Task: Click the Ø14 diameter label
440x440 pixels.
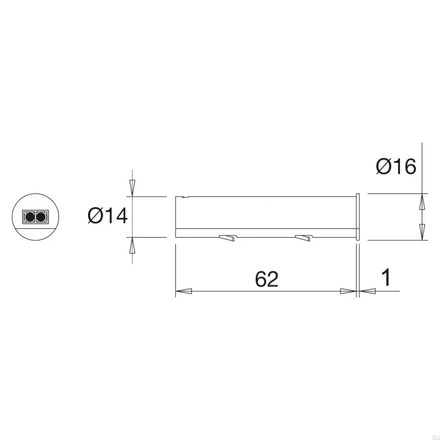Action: coord(108,216)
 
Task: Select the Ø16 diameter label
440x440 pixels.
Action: coord(396,166)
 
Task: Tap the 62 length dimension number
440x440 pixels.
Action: coord(267,279)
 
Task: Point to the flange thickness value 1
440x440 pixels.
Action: coord(386,278)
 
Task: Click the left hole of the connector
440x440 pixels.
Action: coord(28,217)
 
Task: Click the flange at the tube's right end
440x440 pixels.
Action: coord(358,217)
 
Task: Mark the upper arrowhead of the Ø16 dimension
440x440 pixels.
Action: coord(422,201)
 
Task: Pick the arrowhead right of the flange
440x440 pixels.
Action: coord(367,292)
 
